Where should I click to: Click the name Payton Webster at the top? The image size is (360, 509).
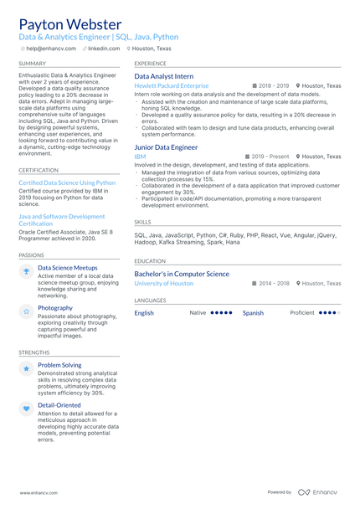click(x=69, y=24)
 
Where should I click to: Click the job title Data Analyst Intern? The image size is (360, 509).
click(x=163, y=76)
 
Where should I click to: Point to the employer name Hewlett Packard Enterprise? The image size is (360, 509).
click(x=172, y=86)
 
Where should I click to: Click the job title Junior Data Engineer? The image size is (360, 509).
click(x=166, y=147)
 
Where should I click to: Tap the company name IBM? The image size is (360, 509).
click(x=140, y=157)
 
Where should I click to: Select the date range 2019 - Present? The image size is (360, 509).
click(x=270, y=157)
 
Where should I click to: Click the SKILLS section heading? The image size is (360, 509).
click(x=142, y=222)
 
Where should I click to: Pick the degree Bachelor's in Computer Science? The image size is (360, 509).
click(x=182, y=274)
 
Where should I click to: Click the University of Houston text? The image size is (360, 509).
click(x=163, y=284)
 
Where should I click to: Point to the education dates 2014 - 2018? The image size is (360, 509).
click(x=274, y=284)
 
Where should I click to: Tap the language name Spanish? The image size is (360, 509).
click(x=253, y=313)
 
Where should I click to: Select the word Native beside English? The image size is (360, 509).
click(x=198, y=313)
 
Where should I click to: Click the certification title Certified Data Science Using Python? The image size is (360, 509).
click(x=67, y=183)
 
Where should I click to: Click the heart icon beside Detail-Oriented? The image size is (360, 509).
click(x=26, y=409)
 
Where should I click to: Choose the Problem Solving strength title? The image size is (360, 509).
click(x=59, y=365)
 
